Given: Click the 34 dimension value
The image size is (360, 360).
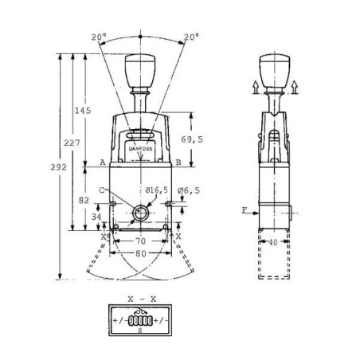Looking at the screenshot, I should (x=97, y=217).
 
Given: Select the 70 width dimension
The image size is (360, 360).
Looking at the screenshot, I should (x=140, y=239).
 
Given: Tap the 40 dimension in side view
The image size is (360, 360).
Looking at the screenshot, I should (x=273, y=242).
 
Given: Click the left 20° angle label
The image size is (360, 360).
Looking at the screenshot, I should (x=97, y=37).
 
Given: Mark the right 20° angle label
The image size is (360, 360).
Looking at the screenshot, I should (x=190, y=37).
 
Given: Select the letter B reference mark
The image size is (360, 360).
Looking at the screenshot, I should (x=178, y=162).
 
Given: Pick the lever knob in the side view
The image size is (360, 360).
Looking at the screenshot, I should (x=274, y=69).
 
